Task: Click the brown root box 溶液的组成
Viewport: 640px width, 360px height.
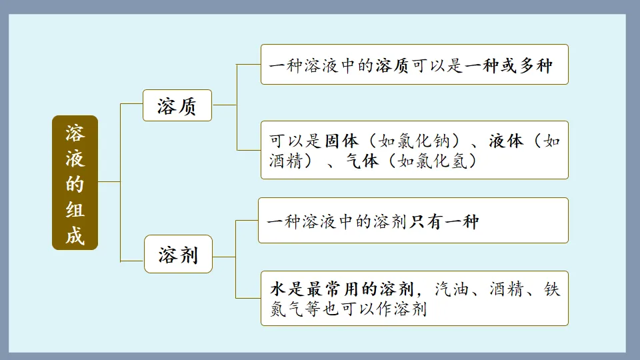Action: click(75, 183)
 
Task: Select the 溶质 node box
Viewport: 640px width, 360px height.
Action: click(177, 105)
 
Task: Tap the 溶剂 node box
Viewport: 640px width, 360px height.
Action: click(178, 254)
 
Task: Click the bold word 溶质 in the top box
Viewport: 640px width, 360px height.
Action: click(392, 65)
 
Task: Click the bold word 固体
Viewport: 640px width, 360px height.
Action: click(342, 141)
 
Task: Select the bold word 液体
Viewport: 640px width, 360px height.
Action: click(505, 141)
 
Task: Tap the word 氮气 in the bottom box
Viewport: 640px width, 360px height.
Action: click(289, 309)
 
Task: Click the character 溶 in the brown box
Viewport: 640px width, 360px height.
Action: click(75, 133)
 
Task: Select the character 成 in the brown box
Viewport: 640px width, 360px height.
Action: click(75, 234)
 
